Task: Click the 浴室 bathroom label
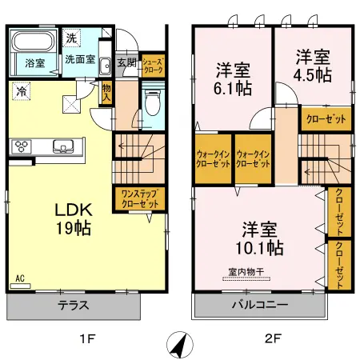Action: pyautogui.click(x=34, y=62)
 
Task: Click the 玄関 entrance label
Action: pyautogui.click(x=126, y=62)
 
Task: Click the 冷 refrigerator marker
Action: pyautogui.click(x=20, y=92)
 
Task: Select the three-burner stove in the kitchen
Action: pyautogui.click(x=21, y=146)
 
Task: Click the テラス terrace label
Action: pyautogui.click(x=73, y=306)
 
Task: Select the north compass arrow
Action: pyautogui.click(x=180, y=345)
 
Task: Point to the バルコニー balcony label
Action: pyautogui.click(x=260, y=306)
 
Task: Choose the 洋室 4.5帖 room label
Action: pyautogui.click(x=313, y=65)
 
